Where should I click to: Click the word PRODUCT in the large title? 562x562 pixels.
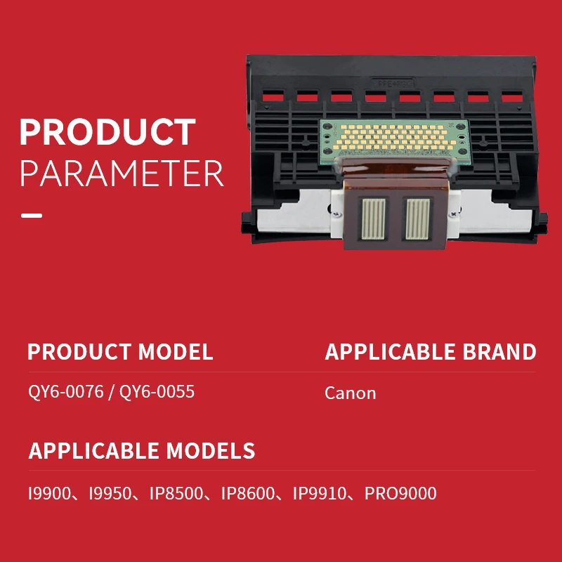[107, 131]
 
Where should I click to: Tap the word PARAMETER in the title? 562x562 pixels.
[122, 174]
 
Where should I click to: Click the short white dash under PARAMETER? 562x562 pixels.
[32, 216]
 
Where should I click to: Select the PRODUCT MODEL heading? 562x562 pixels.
[120, 352]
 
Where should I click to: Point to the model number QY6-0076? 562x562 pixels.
[66, 391]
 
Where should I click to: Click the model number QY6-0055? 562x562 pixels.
[157, 391]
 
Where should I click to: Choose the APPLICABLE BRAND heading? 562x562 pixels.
[431, 352]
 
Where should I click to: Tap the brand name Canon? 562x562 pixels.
[350, 393]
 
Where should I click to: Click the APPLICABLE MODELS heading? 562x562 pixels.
[142, 450]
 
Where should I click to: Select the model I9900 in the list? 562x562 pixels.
[50, 493]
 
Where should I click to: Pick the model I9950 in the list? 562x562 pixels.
[110, 493]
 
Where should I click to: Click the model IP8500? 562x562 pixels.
[176, 493]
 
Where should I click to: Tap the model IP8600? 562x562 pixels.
[248, 493]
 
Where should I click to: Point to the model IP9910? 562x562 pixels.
[320, 493]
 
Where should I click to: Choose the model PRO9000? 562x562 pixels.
[400, 493]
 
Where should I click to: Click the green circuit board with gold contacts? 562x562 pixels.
[395, 141]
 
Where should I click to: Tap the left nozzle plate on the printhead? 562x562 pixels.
[374, 218]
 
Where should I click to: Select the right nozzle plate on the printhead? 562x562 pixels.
[417, 218]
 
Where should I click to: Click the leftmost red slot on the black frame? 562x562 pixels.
[273, 96]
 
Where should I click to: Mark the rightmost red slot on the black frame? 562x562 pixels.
[512, 96]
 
